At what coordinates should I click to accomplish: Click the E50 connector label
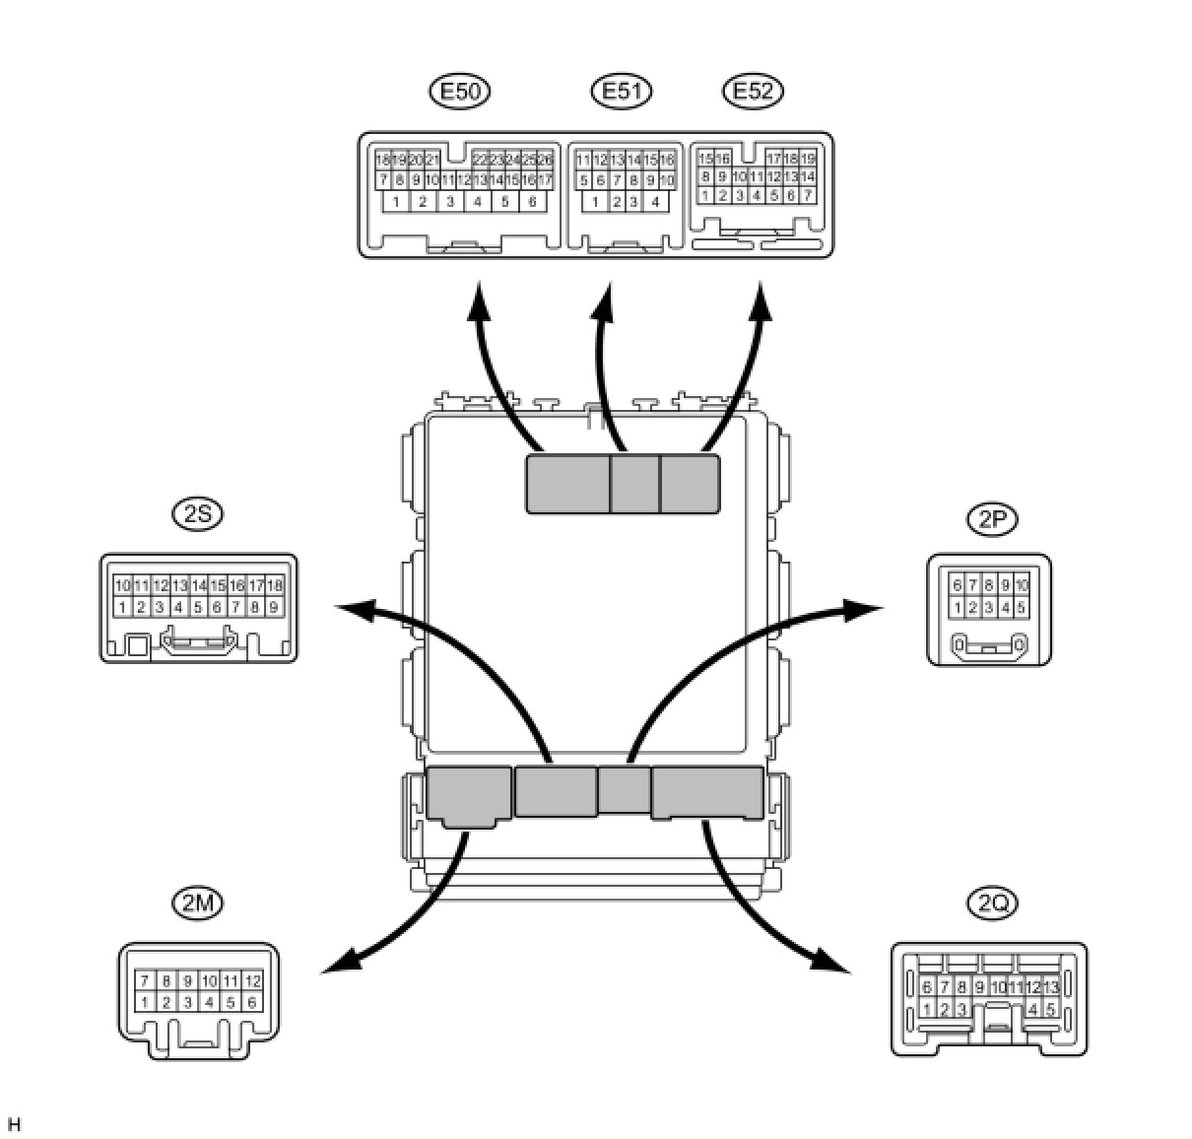[x=460, y=92]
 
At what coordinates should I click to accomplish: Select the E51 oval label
[x=622, y=92]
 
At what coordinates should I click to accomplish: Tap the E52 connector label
[x=753, y=92]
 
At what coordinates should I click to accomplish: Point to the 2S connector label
[x=197, y=513]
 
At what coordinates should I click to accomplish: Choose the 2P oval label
[x=991, y=519]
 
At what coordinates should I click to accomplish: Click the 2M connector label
[x=197, y=902]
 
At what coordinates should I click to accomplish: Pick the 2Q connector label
[x=991, y=902]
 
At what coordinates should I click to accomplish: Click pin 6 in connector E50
[x=532, y=202]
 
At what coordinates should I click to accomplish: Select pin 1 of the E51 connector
[x=595, y=202]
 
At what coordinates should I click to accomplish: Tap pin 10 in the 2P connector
[x=1022, y=585]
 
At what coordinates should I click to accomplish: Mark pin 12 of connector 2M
[x=252, y=981]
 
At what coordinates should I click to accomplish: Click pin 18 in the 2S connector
[x=275, y=585]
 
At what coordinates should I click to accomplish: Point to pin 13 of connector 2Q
[x=1050, y=987]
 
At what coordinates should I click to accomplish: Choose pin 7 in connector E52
[x=808, y=195]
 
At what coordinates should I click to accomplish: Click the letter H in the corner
[x=13, y=1124]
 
